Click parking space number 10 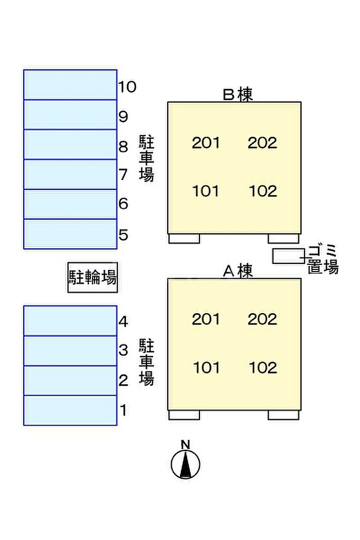(x=70, y=84)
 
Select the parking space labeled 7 (x=70, y=174)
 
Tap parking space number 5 (x=70, y=234)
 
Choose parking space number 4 (x=70, y=320)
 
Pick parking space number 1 (x=70, y=410)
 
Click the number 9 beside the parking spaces (x=123, y=117)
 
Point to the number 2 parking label (x=123, y=381)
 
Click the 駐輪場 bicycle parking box (x=93, y=278)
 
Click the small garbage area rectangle (x=288, y=256)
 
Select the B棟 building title (x=238, y=95)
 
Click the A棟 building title (x=238, y=271)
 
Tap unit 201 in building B (x=206, y=142)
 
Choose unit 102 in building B (x=263, y=191)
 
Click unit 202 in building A (x=262, y=319)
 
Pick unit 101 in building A (x=206, y=368)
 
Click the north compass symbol (x=186, y=464)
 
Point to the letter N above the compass (x=186, y=444)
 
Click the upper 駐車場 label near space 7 (x=147, y=158)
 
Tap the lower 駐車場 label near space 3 (x=147, y=362)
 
